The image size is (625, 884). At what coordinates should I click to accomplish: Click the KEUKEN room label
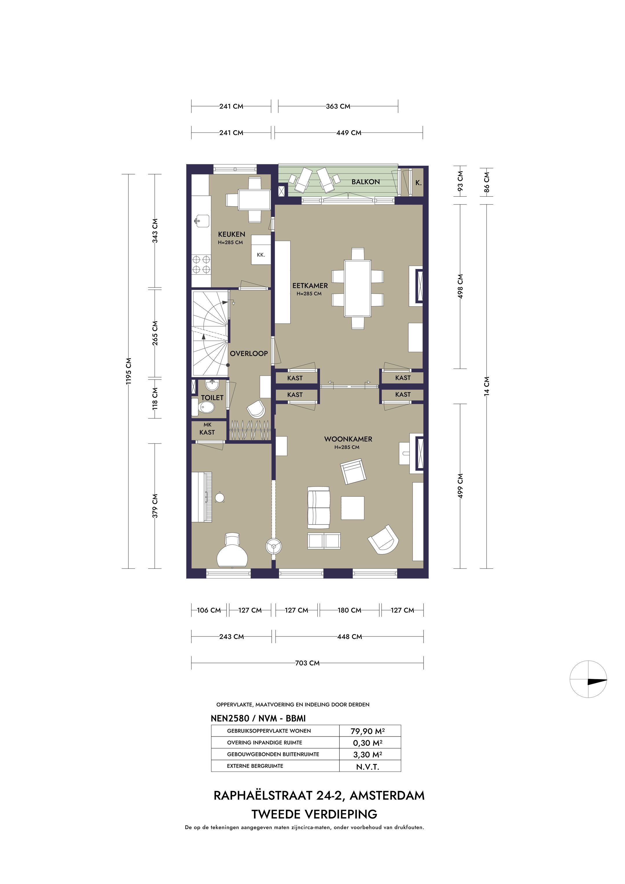(x=231, y=234)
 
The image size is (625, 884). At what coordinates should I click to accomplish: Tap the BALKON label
(x=365, y=182)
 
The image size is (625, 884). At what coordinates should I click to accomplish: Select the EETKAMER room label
(x=310, y=286)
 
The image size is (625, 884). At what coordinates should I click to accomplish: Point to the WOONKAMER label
(x=348, y=439)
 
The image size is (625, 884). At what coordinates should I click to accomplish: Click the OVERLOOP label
(x=249, y=353)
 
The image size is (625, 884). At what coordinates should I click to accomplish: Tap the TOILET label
(x=212, y=398)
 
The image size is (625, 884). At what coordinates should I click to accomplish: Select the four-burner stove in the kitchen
(x=201, y=264)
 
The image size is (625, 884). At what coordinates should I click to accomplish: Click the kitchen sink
(x=201, y=221)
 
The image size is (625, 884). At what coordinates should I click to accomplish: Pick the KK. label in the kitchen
(x=261, y=255)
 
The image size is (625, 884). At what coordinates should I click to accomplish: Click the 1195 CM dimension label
(x=129, y=371)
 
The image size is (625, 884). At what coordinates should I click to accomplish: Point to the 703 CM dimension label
(x=307, y=663)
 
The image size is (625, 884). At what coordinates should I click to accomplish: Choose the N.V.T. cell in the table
(x=368, y=767)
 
